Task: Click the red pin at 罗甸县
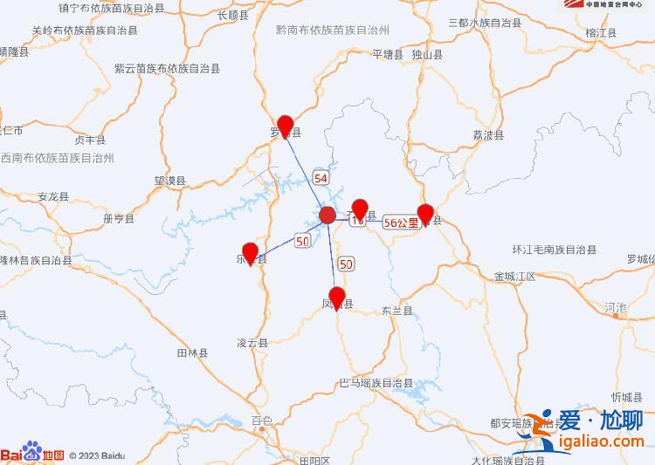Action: click(x=285, y=127)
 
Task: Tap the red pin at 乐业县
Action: click(x=251, y=253)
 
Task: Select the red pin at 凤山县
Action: click(x=337, y=297)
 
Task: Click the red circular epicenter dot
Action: click(x=327, y=215)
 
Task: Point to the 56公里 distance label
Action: click(x=401, y=222)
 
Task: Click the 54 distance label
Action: click(x=321, y=178)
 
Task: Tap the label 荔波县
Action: click(x=488, y=135)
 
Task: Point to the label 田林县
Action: click(x=192, y=353)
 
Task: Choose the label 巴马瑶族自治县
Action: click(x=376, y=383)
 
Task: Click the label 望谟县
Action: click(x=170, y=181)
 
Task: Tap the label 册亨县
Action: click(x=119, y=218)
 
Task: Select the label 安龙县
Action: click(x=53, y=197)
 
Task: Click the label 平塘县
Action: click(x=387, y=54)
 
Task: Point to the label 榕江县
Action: click(x=602, y=32)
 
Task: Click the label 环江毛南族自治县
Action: click(x=555, y=250)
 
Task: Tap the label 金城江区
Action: click(x=514, y=276)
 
